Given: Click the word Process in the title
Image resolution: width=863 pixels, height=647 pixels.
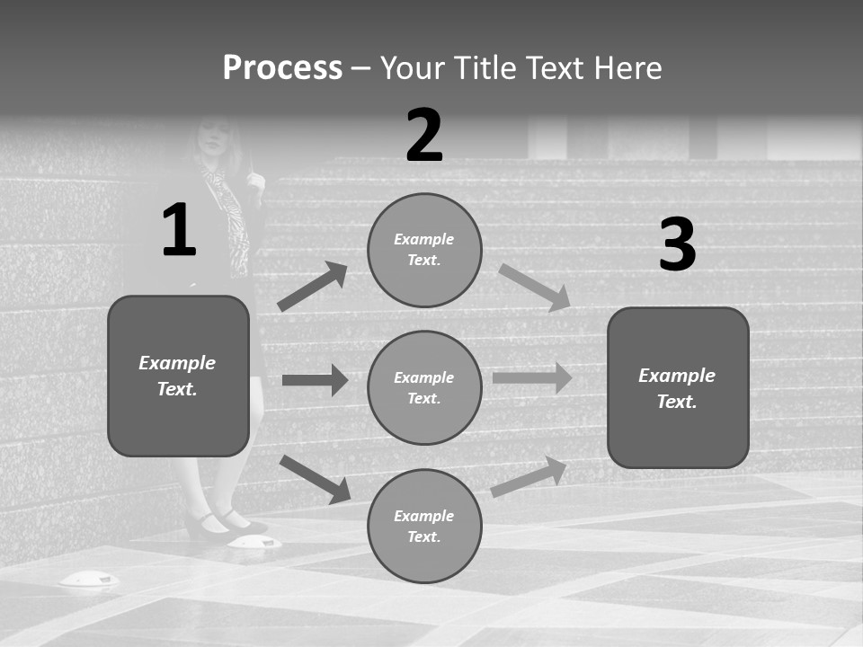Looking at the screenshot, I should click(x=282, y=68).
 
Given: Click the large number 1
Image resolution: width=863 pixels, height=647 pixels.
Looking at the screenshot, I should click(x=179, y=230).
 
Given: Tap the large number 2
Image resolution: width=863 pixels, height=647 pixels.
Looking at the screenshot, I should click(x=424, y=136).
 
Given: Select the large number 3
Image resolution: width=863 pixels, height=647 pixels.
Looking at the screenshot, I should click(x=677, y=244).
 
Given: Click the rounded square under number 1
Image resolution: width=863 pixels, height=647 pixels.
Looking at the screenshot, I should click(x=178, y=376).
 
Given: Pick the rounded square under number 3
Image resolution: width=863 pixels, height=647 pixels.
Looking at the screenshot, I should click(x=678, y=387).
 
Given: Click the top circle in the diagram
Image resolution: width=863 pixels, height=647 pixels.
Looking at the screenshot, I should click(x=424, y=250).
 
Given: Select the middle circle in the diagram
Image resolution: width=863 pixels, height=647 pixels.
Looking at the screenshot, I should click(x=424, y=387).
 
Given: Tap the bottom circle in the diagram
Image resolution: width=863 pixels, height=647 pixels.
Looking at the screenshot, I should click(x=424, y=526).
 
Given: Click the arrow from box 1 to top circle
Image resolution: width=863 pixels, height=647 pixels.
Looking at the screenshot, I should click(x=312, y=287).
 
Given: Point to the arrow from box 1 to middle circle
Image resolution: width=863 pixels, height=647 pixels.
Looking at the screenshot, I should click(x=315, y=380).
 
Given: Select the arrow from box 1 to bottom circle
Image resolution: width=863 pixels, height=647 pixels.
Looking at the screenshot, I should click(x=315, y=478).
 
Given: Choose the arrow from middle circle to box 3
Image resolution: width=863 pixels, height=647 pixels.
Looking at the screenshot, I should click(x=532, y=377).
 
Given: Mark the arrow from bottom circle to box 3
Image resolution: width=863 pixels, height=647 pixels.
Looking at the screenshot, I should click(x=529, y=476).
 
